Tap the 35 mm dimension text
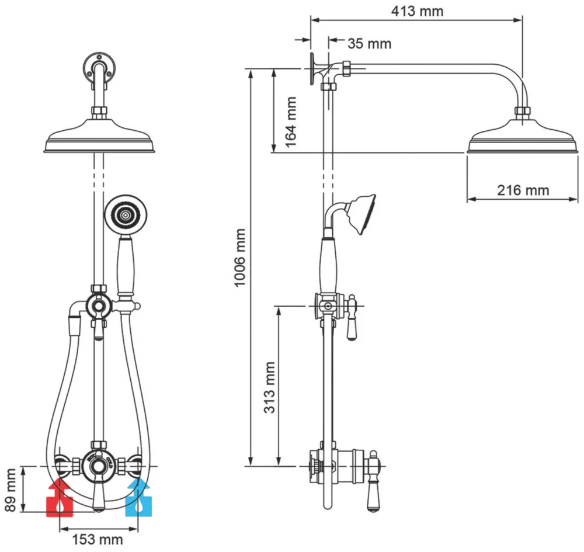(369, 43)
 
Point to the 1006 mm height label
(240, 258)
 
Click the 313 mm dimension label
(269, 388)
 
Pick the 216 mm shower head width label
(523, 190)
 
